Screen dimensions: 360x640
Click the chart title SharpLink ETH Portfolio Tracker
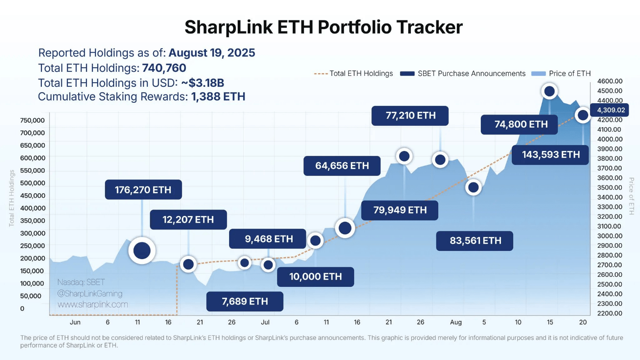point(323,27)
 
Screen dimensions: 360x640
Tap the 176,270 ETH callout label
point(143,190)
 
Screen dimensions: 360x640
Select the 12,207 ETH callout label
point(188,220)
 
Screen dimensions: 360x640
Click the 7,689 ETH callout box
point(245,301)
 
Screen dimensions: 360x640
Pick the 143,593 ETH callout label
point(550,155)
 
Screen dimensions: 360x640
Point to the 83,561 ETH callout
point(475,240)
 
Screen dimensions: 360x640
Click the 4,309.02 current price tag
point(610,110)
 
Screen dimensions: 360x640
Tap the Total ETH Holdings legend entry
point(354,73)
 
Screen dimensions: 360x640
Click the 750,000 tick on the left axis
point(32,120)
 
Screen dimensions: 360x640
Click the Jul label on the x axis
point(265,322)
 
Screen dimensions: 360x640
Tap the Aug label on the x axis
point(456,322)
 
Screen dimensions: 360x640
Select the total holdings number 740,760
point(164,68)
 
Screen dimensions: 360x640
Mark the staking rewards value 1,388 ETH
point(218,96)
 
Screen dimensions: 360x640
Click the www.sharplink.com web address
point(93,305)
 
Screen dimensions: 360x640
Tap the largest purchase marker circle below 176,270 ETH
point(142,250)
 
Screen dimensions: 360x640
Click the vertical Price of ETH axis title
point(630,196)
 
